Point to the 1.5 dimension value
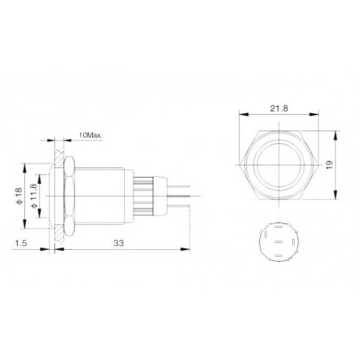point(23,244)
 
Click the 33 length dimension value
point(118,244)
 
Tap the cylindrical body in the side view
point(105,193)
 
